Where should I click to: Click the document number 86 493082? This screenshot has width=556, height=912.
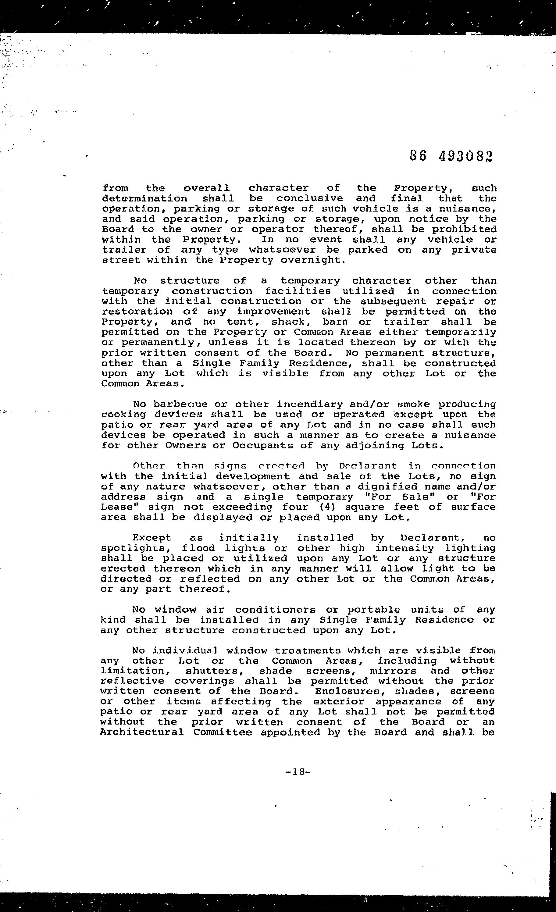pyautogui.click(x=452, y=157)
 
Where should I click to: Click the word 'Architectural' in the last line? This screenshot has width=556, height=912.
pyautogui.click(x=142, y=732)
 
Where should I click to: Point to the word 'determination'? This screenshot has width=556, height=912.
pyautogui.click(x=145, y=199)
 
